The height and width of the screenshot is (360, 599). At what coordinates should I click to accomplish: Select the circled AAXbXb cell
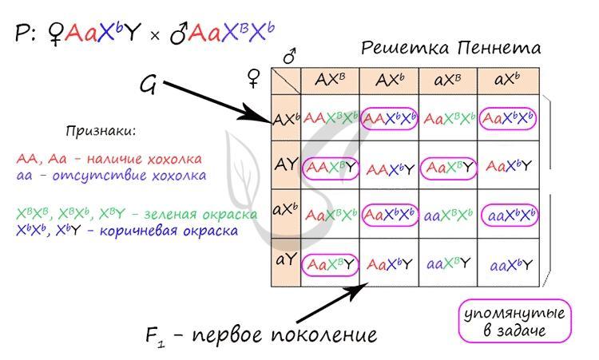[389, 119]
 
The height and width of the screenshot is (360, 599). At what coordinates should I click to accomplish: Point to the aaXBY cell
[448, 263]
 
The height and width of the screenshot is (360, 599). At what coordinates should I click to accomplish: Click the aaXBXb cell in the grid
[448, 216]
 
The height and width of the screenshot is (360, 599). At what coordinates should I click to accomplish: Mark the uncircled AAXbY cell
[389, 168]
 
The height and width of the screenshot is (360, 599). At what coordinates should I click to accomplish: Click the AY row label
[286, 165]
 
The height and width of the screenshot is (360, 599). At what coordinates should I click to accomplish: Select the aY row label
[286, 260]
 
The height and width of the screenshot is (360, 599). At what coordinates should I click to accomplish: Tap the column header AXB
[330, 81]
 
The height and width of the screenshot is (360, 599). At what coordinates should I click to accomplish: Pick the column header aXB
[448, 81]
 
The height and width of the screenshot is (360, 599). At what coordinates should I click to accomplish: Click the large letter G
[148, 85]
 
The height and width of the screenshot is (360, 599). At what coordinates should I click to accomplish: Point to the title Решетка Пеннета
[450, 48]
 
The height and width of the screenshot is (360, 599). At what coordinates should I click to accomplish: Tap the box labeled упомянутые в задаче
[515, 320]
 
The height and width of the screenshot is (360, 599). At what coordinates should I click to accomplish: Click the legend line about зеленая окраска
[137, 215]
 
